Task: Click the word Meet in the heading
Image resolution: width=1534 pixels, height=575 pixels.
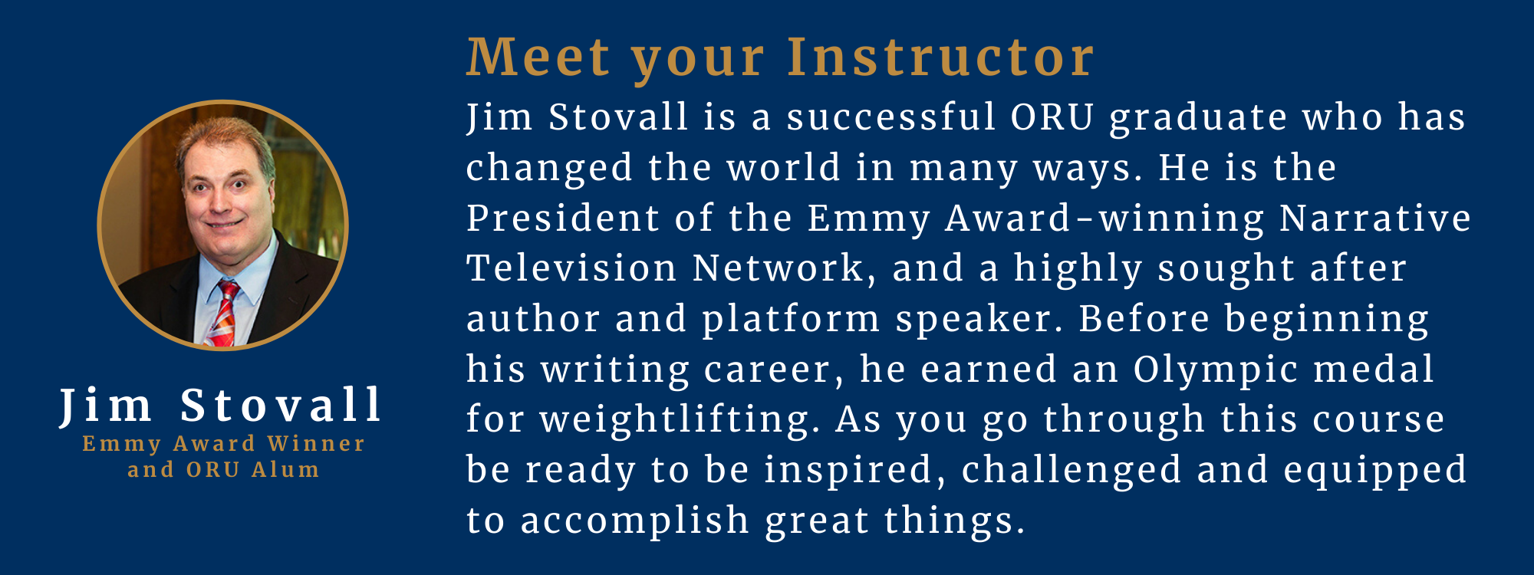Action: (538, 58)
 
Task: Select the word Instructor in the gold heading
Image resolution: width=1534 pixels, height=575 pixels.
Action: (941, 58)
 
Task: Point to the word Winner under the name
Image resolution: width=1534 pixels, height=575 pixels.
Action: (316, 444)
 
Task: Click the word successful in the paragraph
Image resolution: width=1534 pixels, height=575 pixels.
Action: (891, 118)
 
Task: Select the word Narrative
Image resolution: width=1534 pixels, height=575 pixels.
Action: (1375, 219)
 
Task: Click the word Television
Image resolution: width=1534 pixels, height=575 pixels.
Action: (572, 269)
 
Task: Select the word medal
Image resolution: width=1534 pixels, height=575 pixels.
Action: (1374, 370)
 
